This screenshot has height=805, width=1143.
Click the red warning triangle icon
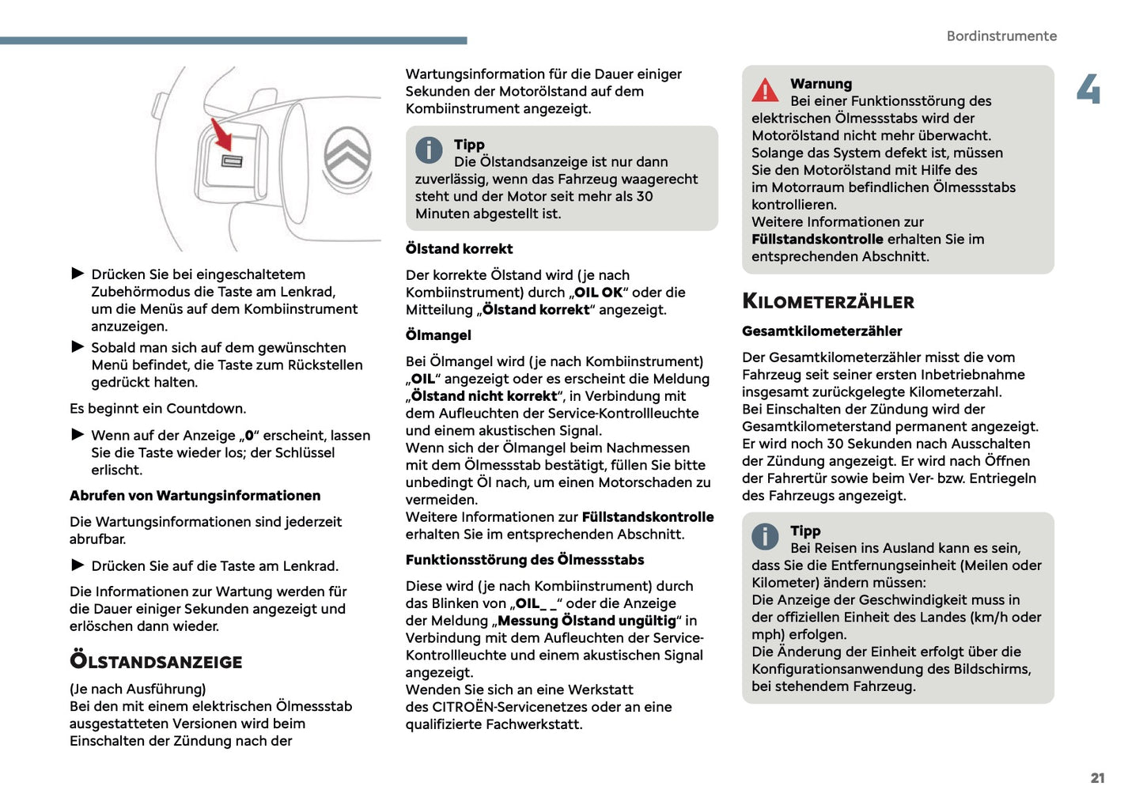click(x=765, y=91)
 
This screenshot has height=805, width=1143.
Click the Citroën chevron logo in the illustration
click(x=346, y=157)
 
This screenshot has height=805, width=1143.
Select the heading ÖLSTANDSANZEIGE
click(x=156, y=661)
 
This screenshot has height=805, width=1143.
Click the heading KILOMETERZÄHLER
click(x=827, y=301)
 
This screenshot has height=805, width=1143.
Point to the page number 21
click(x=1097, y=778)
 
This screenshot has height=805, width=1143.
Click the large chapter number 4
click(x=1088, y=89)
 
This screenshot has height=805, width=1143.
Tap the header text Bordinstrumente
click(x=1001, y=36)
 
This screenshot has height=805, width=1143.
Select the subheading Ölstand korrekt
click(x=459, y=249)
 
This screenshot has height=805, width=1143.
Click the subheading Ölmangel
click(x=438, y=335)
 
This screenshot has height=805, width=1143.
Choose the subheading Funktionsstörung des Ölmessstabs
click(x=524, y=560)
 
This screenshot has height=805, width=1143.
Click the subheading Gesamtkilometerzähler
click(x=822, y=331)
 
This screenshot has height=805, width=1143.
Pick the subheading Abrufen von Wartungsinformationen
click(x=195, y=496)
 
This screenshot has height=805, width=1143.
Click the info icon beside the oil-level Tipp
click(x=429, y=149)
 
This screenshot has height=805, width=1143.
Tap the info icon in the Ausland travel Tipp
click(x=765, y=536)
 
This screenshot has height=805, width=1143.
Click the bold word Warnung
click(x=821, y=84)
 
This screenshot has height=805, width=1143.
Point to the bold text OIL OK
click(x=598, y=293)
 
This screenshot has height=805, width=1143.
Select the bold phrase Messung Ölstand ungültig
click(x=586, y=621)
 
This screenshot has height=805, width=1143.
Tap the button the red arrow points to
click(x=232, y=162)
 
